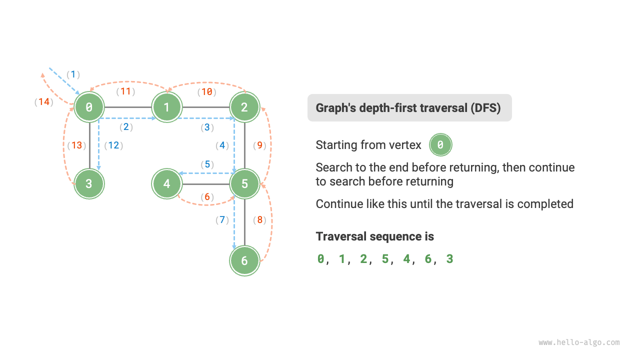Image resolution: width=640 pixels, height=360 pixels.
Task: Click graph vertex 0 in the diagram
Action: pos(89,106)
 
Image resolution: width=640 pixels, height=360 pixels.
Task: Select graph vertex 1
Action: pos(167,106)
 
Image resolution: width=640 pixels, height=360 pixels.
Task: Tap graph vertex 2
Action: pos(244,106)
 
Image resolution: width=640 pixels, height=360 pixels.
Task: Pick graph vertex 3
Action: pos(89,183)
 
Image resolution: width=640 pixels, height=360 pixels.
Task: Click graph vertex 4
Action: pos(167,183)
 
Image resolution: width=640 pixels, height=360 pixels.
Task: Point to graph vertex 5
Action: pos(244,183)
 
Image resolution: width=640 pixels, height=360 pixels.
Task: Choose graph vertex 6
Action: pos(244,260)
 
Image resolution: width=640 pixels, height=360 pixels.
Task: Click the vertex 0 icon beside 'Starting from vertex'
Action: pos(440,145)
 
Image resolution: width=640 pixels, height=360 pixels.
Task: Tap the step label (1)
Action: pos(73,74)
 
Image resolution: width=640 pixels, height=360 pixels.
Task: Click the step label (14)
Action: pos(44,102)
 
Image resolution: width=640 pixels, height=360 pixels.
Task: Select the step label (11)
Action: pos(126,91)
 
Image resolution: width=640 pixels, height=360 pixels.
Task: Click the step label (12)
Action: pos(113,145)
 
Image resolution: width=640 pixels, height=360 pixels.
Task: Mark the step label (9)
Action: pos(260,145)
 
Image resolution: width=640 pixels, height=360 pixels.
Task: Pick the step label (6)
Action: pos(206,197)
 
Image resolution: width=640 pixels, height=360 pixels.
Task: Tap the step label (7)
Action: pos(222,219)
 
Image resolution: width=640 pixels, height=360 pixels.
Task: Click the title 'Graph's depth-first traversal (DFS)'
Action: pos(409,107)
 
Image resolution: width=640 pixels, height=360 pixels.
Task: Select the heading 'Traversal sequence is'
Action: pos(374,236)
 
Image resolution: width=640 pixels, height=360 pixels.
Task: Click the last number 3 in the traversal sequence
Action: pos(449,259)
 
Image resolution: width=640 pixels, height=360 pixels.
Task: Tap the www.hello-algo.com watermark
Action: pos(579,342)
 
